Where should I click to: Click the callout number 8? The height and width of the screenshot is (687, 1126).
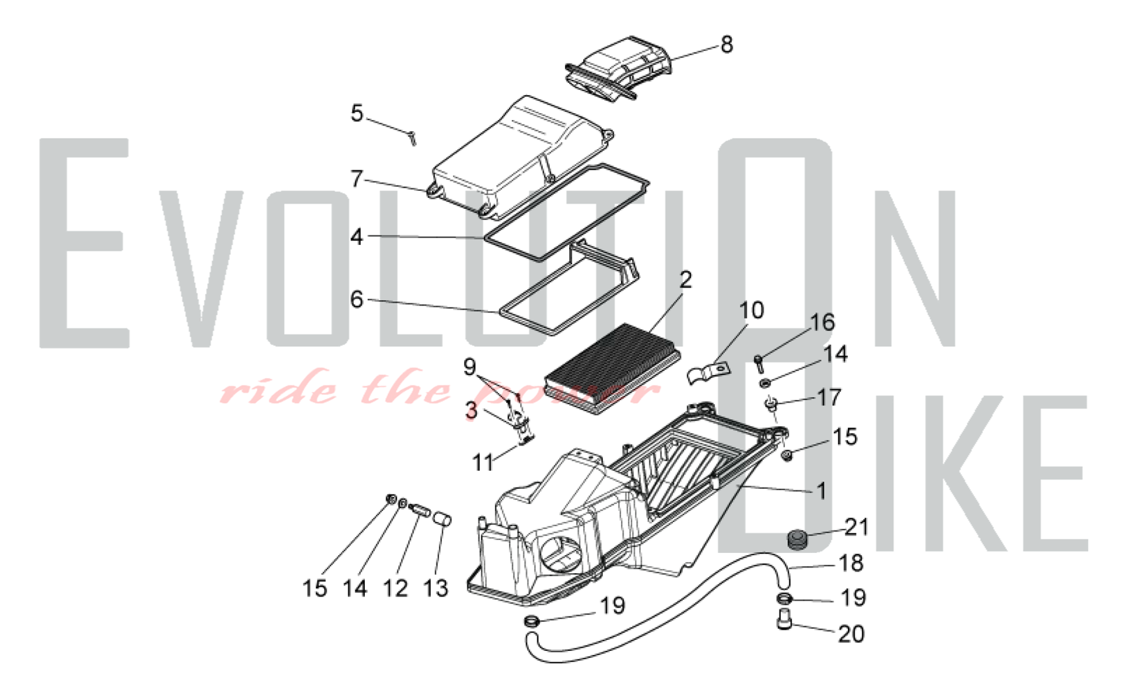pos(727,44)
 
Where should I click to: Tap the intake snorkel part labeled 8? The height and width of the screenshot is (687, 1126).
pos(618,69)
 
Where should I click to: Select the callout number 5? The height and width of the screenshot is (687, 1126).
pos(357,113)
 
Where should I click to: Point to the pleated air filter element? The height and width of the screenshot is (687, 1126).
pos(613,369)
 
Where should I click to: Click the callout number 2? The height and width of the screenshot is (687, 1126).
pos(685,280)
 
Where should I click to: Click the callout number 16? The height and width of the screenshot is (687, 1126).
pos(822,323)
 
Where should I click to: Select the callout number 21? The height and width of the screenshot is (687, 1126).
pos(856,527)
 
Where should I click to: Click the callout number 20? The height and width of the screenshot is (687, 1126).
pos(851,634)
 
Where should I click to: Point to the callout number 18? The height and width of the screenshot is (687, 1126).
pos(851,563)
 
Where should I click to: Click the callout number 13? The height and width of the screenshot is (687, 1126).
pos(436,588)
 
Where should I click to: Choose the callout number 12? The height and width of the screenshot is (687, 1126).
pos(395,588)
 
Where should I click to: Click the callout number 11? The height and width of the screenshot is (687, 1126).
pos(483,463)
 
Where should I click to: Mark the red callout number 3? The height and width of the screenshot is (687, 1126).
pos(471,411)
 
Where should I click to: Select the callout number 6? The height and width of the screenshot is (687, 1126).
pos(357,300)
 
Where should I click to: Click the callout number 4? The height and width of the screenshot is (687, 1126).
pos(357,237)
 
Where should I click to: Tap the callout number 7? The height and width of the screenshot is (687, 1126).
pos(357,179)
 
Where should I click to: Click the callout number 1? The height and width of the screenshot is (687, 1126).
pos(822,491)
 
